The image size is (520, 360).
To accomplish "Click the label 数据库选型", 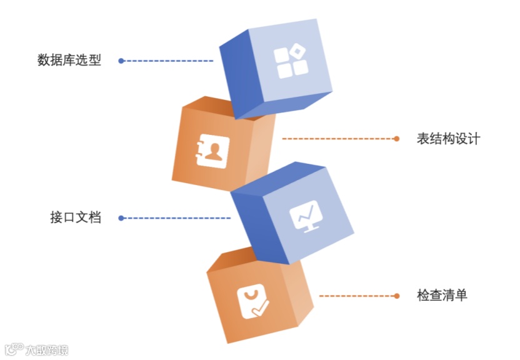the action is tap(69, 61).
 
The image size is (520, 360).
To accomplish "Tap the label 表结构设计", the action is tap(448, 139).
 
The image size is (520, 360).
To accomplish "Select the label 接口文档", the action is tap(76, 218).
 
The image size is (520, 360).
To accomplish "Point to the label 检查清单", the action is tap(442, 296).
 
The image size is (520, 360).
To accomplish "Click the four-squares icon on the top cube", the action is tap(292, 61).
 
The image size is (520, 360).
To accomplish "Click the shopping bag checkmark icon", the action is tap(252, 301).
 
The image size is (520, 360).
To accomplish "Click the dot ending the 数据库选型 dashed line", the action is tap(121, 61).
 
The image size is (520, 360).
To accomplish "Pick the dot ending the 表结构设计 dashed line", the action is tap(396, 139).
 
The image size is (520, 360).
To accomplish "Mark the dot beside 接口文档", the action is tap(121, 218).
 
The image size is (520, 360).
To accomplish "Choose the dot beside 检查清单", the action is tap(396, 296).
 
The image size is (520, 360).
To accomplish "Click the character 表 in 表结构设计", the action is tap(423, 139).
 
